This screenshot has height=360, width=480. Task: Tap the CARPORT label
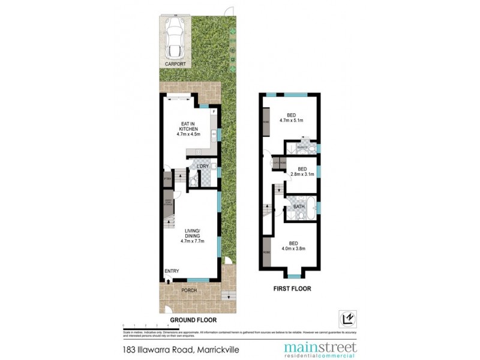point(176,63)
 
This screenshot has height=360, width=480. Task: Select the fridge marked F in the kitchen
point(214,112)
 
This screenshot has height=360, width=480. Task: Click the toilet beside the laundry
point(194,178)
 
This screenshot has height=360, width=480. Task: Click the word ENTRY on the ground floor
point(172,271)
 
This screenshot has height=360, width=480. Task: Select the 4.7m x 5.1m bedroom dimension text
point(292,120)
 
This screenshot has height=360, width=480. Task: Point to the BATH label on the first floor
point(298,207)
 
